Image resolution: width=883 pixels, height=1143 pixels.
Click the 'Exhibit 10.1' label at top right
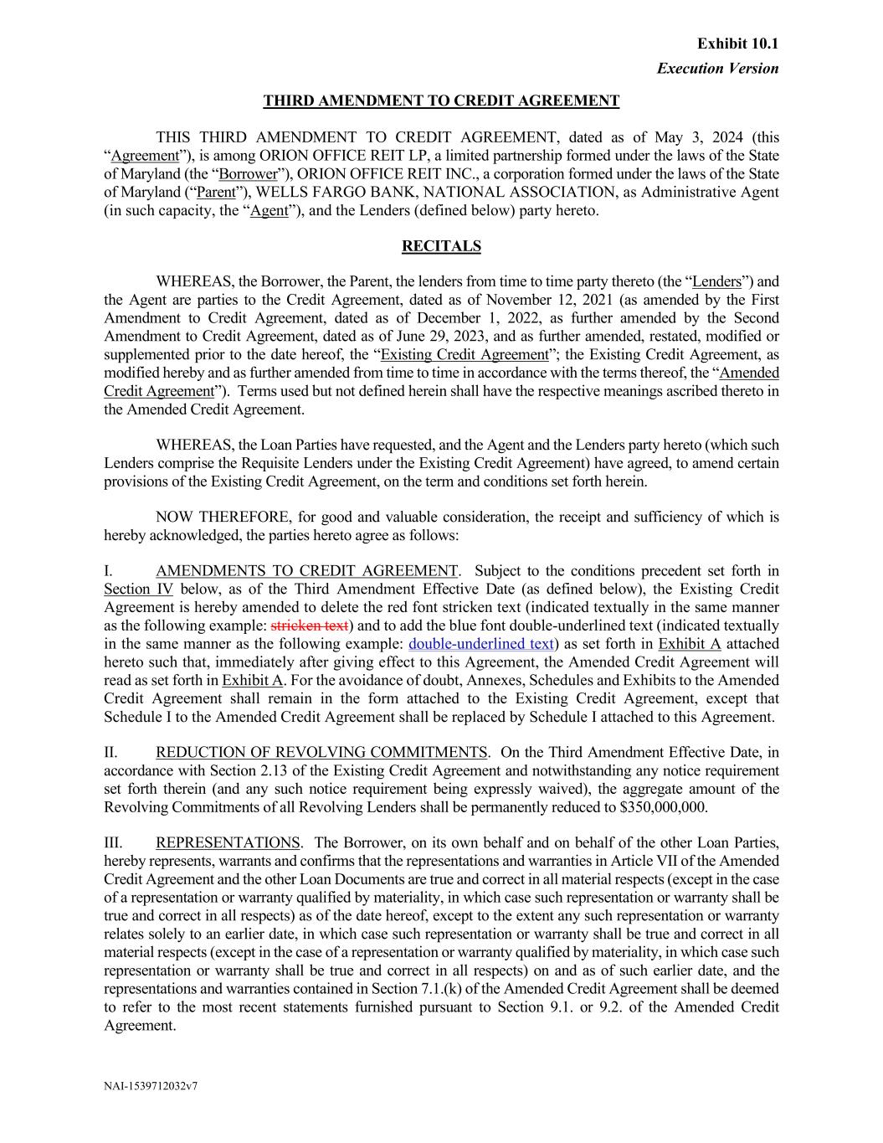pos(737,44)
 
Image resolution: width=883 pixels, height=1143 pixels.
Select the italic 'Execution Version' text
pos(717,69)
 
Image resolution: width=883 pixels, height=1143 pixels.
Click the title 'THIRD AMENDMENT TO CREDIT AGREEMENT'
pos(441,101)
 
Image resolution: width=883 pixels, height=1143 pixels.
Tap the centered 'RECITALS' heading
pos(441,246)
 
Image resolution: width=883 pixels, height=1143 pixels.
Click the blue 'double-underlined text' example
pos(480,644)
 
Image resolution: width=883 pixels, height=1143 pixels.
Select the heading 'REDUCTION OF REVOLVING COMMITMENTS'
pos(321,753)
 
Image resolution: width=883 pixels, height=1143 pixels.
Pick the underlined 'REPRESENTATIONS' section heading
pos(228,842)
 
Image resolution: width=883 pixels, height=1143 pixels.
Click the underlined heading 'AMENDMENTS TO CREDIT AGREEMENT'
pos(306,571)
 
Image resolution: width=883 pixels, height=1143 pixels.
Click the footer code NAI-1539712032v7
pos(150,1086)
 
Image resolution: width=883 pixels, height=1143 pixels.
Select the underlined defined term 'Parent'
pos(216,193)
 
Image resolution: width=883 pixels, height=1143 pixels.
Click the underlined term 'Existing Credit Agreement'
pos(465,355)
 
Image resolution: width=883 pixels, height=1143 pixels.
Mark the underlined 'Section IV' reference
pos(138,590)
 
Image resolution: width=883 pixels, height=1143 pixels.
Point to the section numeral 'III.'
pos(113,842)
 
